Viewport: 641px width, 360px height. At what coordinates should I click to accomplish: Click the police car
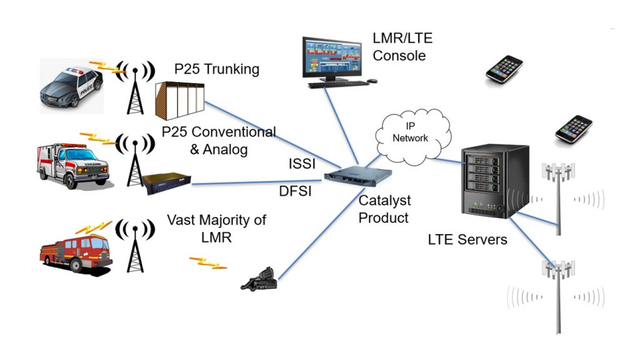(71, 88)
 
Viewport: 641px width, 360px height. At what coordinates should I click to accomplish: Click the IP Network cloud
(411, 133)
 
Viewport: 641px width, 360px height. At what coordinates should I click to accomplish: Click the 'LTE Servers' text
(467, 239)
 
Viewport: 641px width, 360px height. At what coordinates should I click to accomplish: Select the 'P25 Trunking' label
(217, 69)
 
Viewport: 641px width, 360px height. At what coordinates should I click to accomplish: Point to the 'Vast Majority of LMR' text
(216, 229)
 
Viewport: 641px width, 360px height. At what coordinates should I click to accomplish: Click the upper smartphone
(505, 69)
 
